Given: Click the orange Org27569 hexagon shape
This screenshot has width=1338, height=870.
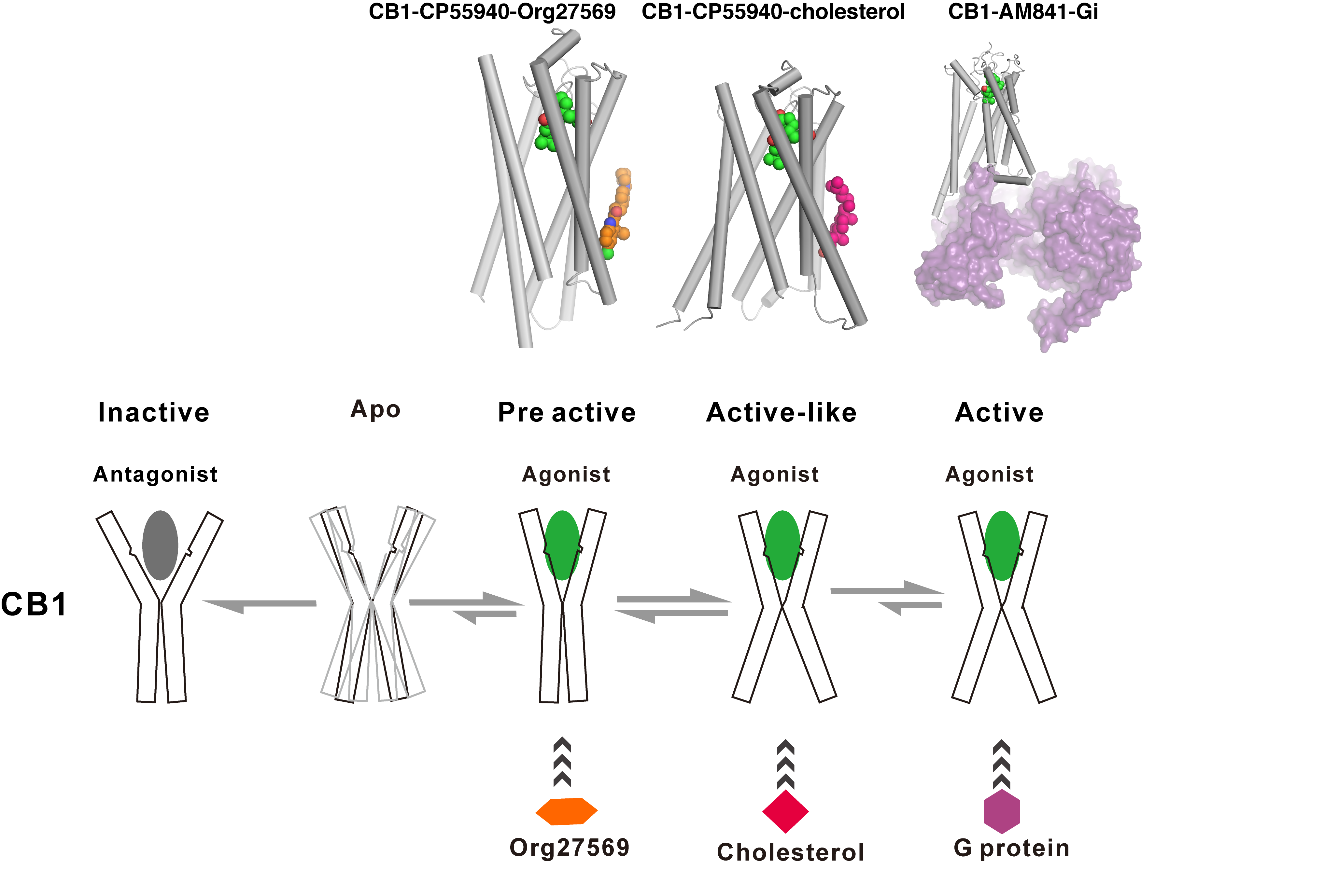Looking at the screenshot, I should [566, 811].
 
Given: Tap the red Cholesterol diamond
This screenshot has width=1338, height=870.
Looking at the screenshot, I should [785, 811].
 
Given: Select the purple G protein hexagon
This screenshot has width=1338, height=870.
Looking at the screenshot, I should [1001, 811].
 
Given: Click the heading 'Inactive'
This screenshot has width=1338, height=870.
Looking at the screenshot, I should [153, 412].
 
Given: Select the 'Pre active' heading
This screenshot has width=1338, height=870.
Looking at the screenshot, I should [567, 412].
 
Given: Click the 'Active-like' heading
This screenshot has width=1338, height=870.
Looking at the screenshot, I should [782, 412].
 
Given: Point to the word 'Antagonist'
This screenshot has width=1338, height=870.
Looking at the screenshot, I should [155, 474].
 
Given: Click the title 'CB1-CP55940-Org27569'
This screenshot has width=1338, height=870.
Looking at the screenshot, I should [492, 11].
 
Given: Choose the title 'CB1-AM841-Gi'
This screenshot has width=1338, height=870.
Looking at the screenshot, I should [1022, 11].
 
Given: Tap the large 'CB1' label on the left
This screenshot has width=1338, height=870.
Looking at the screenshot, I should [34, 604].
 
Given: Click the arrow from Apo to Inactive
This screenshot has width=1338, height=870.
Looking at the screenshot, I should [260, 604].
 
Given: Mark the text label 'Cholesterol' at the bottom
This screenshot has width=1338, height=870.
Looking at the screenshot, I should [790, 852].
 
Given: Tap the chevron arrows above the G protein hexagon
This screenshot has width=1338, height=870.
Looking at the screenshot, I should [1001, 764].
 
